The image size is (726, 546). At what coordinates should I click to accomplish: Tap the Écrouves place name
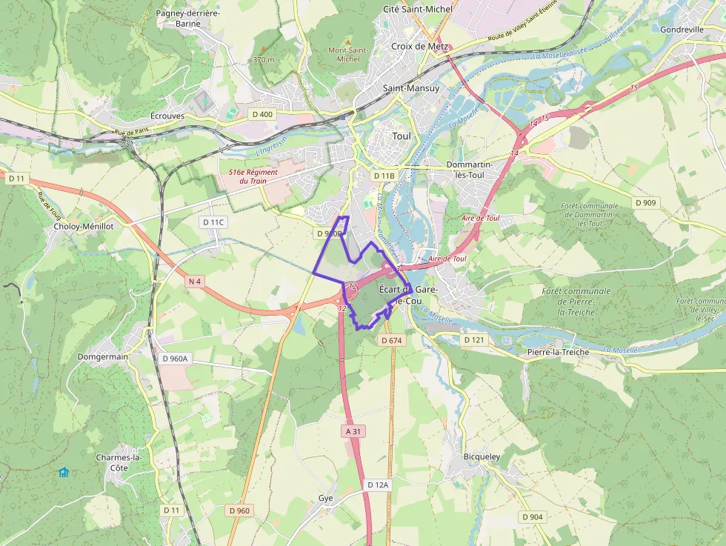(167, 116)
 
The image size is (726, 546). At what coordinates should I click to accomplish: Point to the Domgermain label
(102, 356)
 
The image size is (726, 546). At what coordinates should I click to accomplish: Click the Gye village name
(326, 498)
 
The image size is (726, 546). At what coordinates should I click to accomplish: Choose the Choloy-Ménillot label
(84, 227)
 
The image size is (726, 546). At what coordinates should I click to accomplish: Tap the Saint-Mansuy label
(411, 88)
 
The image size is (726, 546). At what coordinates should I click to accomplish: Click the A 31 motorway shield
(353, 430)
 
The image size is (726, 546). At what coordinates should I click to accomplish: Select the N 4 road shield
(195, 282)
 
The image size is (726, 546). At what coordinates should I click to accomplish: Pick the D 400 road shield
(262, 114)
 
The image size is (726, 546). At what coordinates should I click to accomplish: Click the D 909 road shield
(645, 202)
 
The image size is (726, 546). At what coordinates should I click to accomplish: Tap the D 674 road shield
(391, 340)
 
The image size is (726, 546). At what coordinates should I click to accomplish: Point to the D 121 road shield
(473, 339)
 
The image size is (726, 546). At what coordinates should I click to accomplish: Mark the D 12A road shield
(378, 485)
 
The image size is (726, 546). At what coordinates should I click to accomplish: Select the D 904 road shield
(532, 516)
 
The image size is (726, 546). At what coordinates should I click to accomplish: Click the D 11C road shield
(213, 222)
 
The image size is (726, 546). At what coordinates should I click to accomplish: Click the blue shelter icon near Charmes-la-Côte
(64, 472)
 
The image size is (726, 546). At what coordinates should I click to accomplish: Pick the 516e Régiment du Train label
(253, 176)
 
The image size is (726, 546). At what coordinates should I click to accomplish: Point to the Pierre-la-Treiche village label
(558, 352)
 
